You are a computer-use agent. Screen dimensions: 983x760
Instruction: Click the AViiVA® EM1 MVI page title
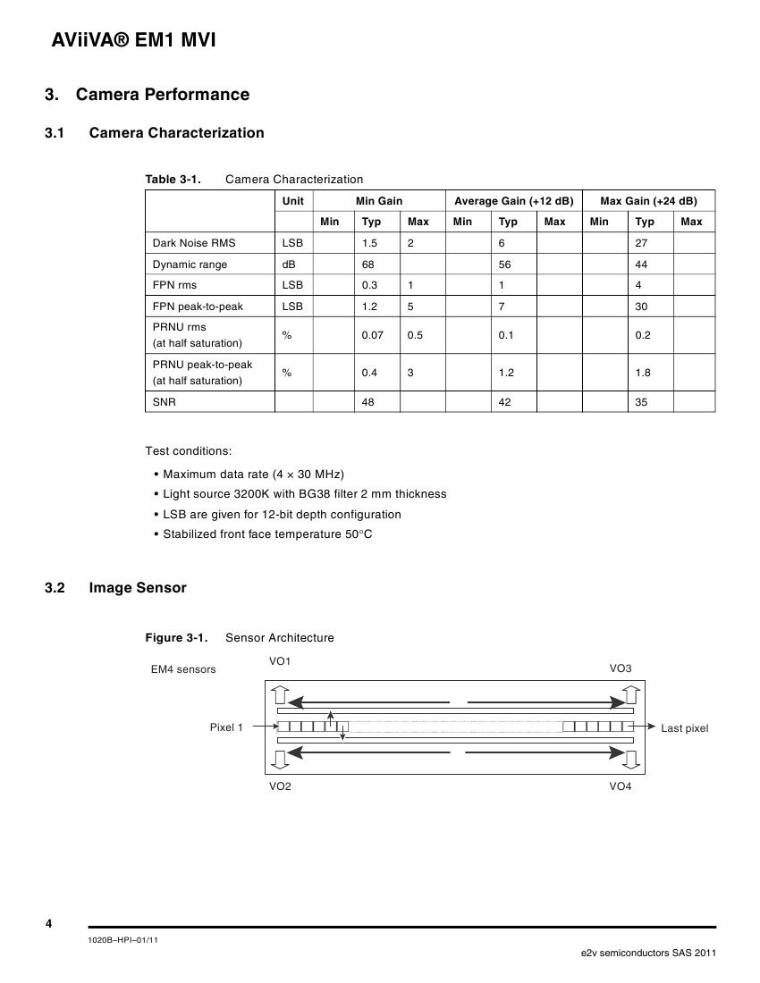[x=130, y=40]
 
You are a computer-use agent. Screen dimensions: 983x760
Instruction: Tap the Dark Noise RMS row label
[x=194, y=243]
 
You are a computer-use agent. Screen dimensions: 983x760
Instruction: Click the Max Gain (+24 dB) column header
[x=648, y=201]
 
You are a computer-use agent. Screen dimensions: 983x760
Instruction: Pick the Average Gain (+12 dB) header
[x=513, y=201]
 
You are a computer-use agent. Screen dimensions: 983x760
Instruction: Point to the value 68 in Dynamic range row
[x=367, y=265]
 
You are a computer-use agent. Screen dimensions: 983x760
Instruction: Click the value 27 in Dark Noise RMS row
[x=641, y=243]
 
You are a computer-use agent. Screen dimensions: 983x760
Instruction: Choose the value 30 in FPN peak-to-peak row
[x=641, y=307]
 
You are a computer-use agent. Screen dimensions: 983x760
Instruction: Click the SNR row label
[x=165, y=402]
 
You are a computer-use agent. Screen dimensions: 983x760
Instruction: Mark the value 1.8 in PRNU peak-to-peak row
[x=643, y=373]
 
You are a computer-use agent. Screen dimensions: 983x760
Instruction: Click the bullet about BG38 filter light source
[x=304, y=494]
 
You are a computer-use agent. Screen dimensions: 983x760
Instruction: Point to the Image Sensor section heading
[x=138, y=588]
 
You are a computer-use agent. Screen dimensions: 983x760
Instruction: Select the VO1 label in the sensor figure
[x=280, y=661]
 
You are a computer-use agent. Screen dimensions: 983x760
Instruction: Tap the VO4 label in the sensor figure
[x=621, y=786]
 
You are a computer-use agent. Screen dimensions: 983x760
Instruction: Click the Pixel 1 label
[x=226, y=727]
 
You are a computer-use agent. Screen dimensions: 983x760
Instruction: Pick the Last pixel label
[x=684, y=728]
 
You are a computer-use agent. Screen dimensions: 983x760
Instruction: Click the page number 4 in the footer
[x=48, y=924]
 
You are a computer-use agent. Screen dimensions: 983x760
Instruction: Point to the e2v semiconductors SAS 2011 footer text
[x=648, y=953]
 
